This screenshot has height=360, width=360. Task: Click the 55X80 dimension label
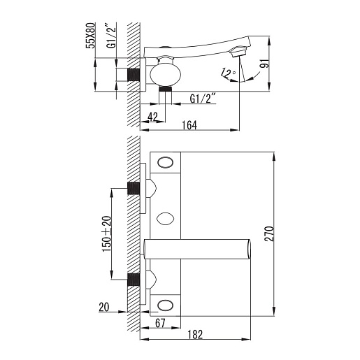(x=90, y=36)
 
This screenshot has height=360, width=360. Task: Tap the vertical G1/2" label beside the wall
(x=111, y=36)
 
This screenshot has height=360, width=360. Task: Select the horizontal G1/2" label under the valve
(x=202, y=98)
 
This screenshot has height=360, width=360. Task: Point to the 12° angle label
(x=228, y=73)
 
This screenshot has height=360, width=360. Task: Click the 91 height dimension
(x=264, y=64)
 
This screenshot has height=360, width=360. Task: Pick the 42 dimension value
(x=152, y=117)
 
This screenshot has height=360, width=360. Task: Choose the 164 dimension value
(x=189, y=125)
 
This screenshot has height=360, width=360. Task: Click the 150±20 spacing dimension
(x=107, y=233)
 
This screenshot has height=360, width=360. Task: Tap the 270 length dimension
(x=269, y=233)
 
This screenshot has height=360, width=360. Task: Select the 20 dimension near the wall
(x=104, y=307)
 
